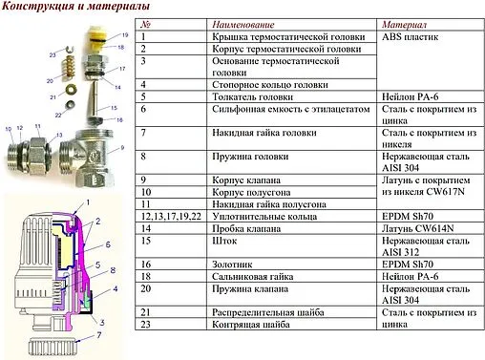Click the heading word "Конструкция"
(x=39, y=9)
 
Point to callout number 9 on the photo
(x=122, y=149)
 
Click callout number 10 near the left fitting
(x=9, y=128)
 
